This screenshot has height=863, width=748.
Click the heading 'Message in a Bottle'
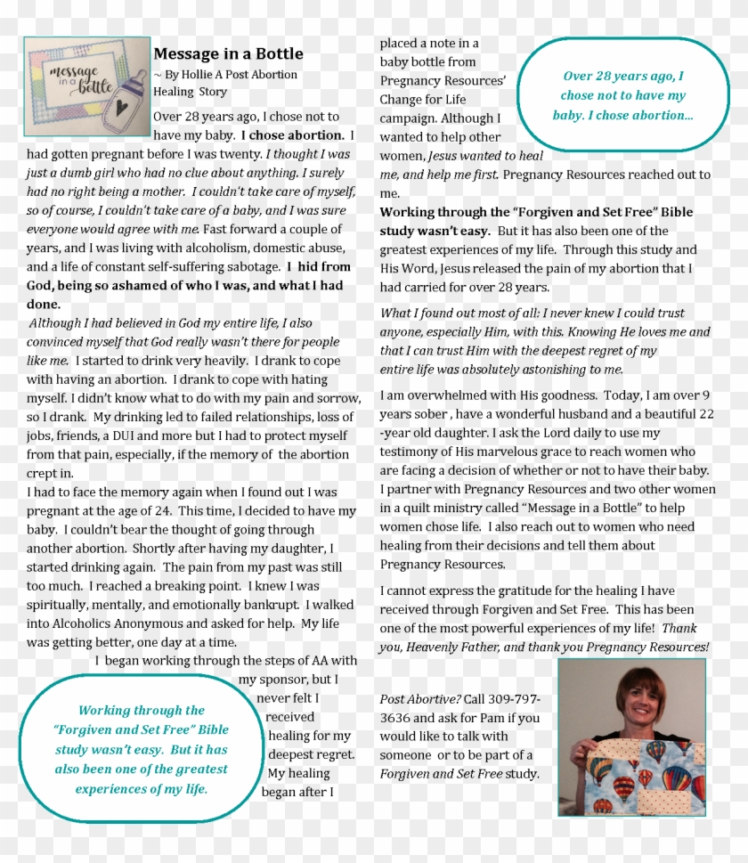coord(228,54)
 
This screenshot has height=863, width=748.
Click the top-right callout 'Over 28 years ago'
coord(622,95)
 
